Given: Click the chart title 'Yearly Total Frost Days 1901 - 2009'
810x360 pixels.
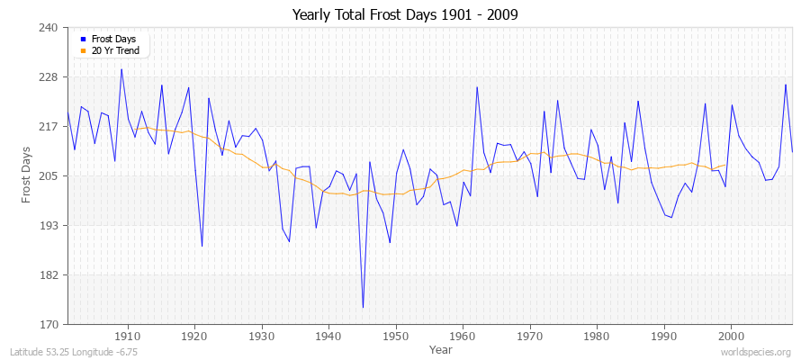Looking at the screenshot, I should click(x=405, y=15).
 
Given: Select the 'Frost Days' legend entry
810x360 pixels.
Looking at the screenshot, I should click(x=113, y=40).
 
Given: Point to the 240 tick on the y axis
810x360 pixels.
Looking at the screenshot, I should click(x=49, y=28).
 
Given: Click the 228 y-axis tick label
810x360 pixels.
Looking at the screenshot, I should click(x=49, y=77).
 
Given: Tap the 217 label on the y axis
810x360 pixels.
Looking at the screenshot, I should click(x=49, y=126).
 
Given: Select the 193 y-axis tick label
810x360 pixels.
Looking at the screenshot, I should click(x=49, y=225).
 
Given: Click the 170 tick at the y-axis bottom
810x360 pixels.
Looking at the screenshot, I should click(x=49, y=324).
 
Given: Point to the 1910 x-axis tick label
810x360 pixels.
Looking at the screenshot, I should click(x=128, y=334).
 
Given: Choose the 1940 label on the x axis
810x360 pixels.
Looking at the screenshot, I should click(x=328, y=334).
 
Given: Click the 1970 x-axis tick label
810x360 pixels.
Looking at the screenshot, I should click(x=530, y=334).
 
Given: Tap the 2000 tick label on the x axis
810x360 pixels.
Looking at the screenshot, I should click(x=731, y=334).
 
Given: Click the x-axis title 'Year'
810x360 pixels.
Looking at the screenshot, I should click(x=441, y=348).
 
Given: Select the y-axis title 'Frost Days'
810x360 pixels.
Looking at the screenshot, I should click(x=27, y=175).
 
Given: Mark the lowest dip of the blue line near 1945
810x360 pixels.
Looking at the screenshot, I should click(x=363, y=308).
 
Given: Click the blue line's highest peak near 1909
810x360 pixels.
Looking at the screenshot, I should click(x=121, y=69).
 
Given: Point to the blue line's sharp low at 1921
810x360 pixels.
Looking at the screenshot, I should click(x=202, y=246).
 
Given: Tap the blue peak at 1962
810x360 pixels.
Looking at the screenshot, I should click(x=476, y=86).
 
